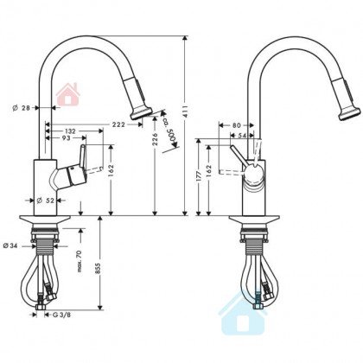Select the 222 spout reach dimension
118,124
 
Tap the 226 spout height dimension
155,138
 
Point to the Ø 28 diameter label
22,108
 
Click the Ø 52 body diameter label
46,201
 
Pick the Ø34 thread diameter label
10,246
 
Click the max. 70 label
80,261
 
